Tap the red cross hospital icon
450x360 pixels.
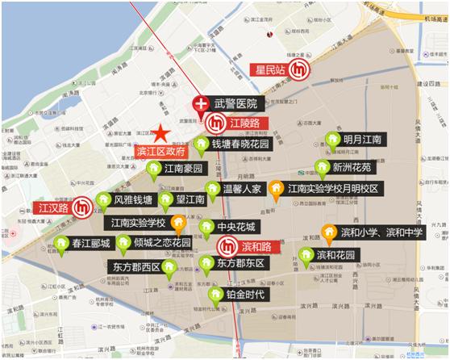tap(200, 103)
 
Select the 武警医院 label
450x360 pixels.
tap(235, 104)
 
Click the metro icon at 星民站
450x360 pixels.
tap(300, 71)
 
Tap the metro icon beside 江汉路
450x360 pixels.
tap(81, 208)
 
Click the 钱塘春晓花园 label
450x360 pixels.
tap(241, 144)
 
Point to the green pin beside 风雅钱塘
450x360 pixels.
tap(102, 199)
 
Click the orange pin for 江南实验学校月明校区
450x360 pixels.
tap(276, 188)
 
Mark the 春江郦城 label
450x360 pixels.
tap(90, 243)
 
